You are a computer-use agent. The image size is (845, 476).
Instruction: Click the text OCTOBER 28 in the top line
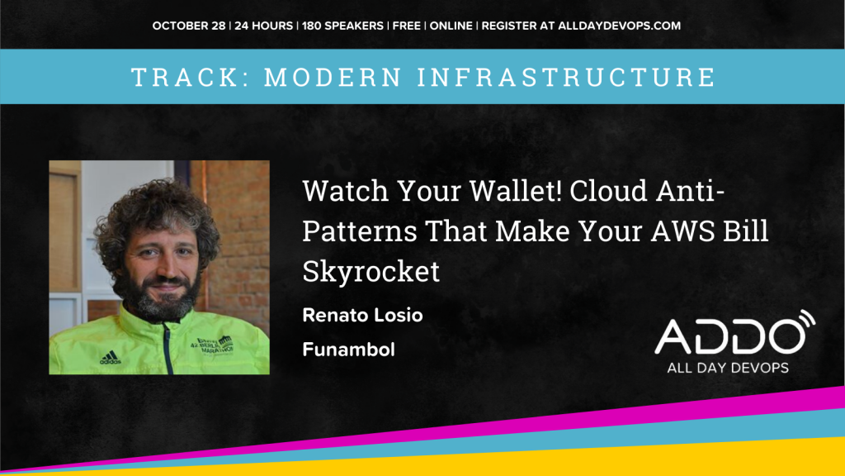pyautogui.click(x=189, y=26)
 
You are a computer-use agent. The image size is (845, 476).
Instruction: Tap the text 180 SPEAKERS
pyautogui.click(x=342, y=26)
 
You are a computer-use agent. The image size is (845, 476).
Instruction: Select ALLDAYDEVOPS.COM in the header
pyautogui.click(x=619, y=26)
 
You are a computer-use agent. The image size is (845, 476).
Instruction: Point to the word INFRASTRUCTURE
pyautogui.click(x=567, y=77)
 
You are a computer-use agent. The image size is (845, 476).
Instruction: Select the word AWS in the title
pyautogui.click(x=682, y=231)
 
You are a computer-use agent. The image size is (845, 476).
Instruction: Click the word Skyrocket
pyautogui.click(x=371, y=271)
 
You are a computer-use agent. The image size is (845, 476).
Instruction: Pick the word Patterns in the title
pyautogui.click(x=360, y=231)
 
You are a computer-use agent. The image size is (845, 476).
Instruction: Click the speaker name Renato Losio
pyautogui.click(x=363, y=315)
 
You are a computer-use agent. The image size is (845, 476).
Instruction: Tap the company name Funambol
pyautogui.click(x=349, y=350)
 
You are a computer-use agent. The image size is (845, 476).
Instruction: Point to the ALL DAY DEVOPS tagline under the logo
pyautogui.click(x=728, y=368)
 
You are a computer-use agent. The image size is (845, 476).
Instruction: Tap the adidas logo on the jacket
pyautogui.click(x=110, y=357)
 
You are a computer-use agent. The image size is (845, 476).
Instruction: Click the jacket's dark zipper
pyautogui.click(x=168, y=348)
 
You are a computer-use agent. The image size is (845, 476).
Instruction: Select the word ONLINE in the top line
pyautogui.click(x=451, y=26)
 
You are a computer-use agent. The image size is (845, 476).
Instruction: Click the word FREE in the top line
pyautogui.click(x=406, y=26)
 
